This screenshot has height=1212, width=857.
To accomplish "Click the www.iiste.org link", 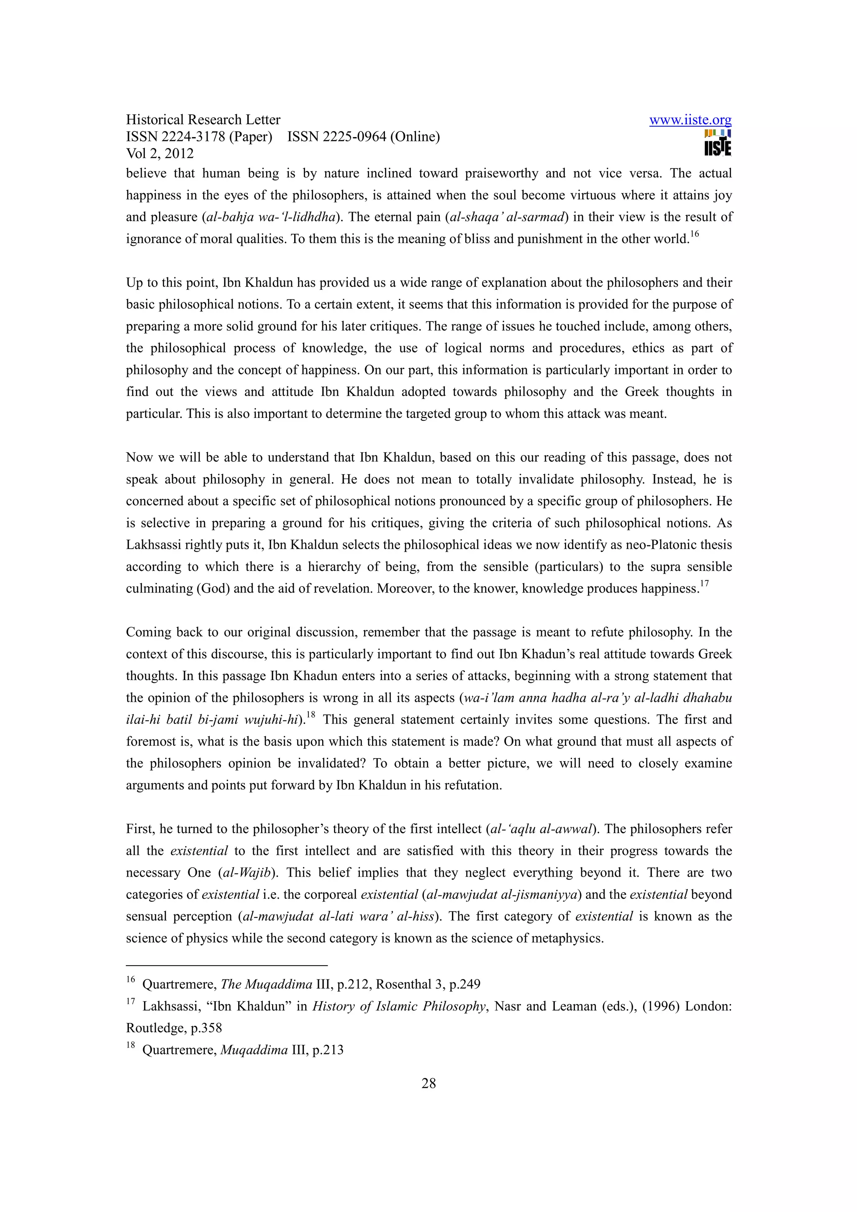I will point(690,120).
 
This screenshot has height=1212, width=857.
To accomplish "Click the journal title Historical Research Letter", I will point(203,120).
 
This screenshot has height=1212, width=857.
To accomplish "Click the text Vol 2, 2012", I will point(159,153).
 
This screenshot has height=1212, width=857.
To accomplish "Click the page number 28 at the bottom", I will point(428,1084).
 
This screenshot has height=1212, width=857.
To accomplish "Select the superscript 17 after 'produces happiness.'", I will point(704,583).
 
